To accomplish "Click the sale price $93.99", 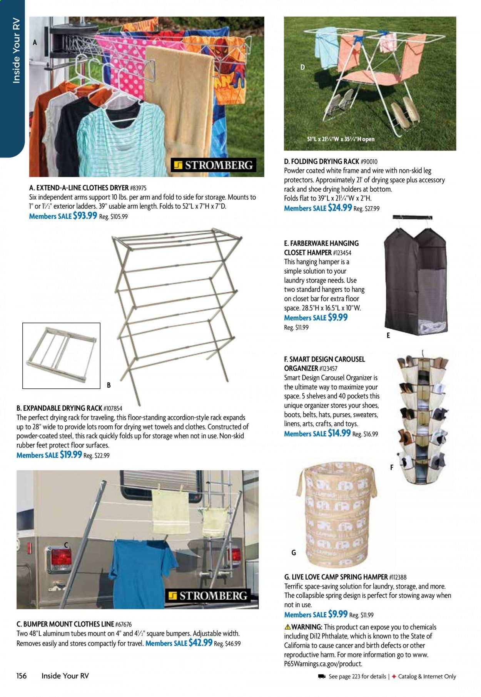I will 85,216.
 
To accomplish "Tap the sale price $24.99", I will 340,208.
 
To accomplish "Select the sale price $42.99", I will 200,643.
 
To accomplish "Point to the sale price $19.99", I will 70,455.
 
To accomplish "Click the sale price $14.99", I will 339,433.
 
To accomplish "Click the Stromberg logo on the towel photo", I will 214,165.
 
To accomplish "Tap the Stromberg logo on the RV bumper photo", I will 208,596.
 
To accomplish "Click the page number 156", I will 22,676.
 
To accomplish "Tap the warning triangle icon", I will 287,627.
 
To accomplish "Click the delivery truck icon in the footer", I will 322,676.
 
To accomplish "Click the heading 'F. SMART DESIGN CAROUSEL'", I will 324,359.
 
